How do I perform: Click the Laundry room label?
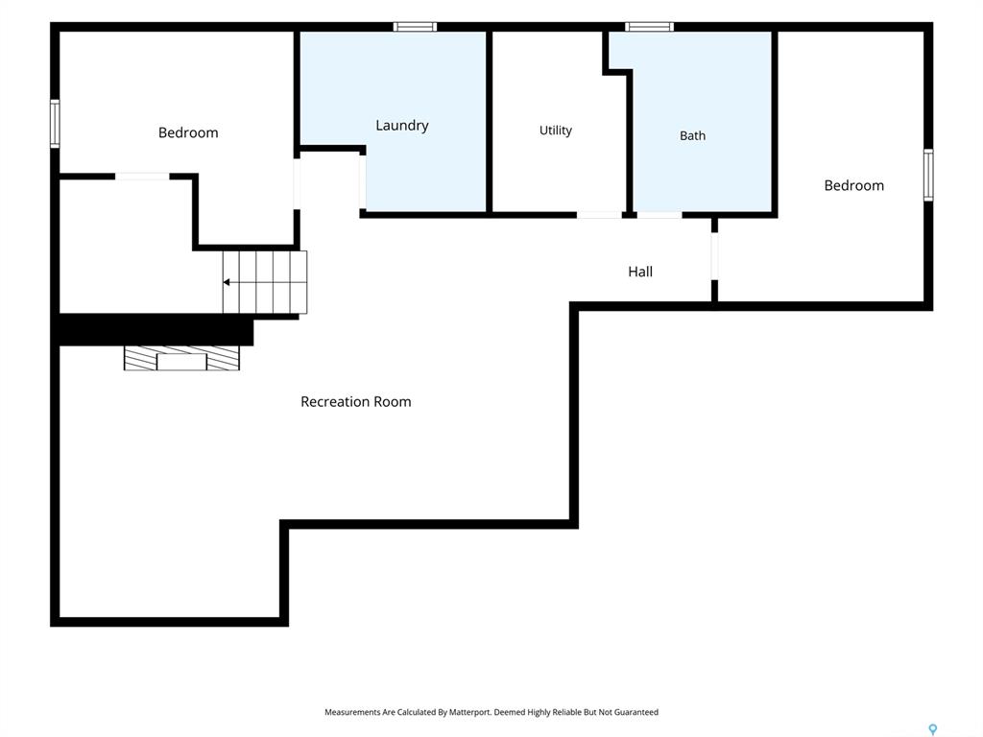pyautogui.click(x=402, y=126)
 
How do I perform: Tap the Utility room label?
pyautogui.click(x=556, y=131)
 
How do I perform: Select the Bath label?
pyautogui.click(x=692, y=135)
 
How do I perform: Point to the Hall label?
pyautogui.click(x=640, y=272)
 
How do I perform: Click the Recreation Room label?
pyautogui.click(x=356, y=402)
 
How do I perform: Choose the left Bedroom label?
pyautogui.click(x=188, y=132)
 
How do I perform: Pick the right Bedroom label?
pyautogui.click(x=853, y=185)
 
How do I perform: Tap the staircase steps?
pyautogui.click(x=265, y=282)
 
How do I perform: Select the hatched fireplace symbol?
pyautogui.click(x=181, y=359)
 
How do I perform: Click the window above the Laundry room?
pyautogui.click(x=415, y=26)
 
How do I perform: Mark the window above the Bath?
pyautogui.click(x=650, y=26)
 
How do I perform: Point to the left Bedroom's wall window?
pyautogui.click(x=55, y=124)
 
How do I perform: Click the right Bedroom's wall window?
pyautogui.click(x=928, y=175)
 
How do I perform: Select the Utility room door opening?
pyautogui.click(x=599, y=215)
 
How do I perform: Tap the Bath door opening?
pyautogui.click(x=659, y=215)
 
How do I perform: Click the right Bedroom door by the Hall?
pyautogui.click(x=714, y=255)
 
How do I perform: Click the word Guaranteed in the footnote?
pyautogui.click(x=636, y=712)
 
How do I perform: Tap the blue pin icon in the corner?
pyautogui.click(x=933, y=729)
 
